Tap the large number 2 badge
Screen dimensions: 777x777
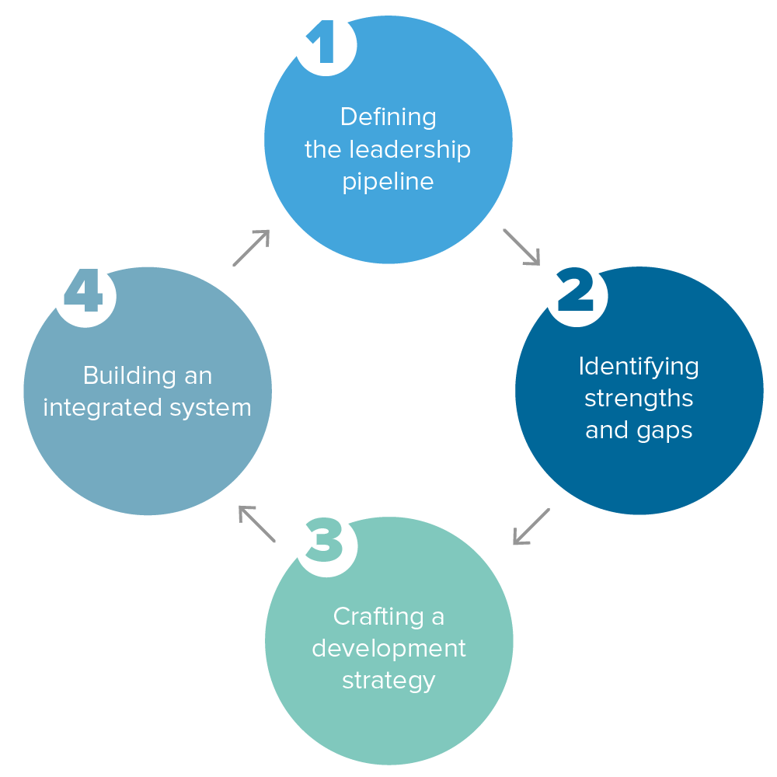pos(576,293)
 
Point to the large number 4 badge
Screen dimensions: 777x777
pos(84,293)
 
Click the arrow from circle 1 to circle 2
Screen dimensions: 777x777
pos(521,247)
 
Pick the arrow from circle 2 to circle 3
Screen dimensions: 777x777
pos(531,527)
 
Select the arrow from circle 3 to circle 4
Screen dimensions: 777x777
pos(256,524)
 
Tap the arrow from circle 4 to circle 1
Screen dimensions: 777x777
pos(251,248)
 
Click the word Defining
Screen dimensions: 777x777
pos(388,117)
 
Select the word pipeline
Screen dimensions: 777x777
pos(388,183)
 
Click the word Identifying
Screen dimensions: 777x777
pos(639,366)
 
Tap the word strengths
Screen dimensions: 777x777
pos(639,399)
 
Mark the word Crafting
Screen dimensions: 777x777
pos(369,616)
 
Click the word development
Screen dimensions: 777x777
pos(388,648)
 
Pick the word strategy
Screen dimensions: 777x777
pos(388,681)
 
